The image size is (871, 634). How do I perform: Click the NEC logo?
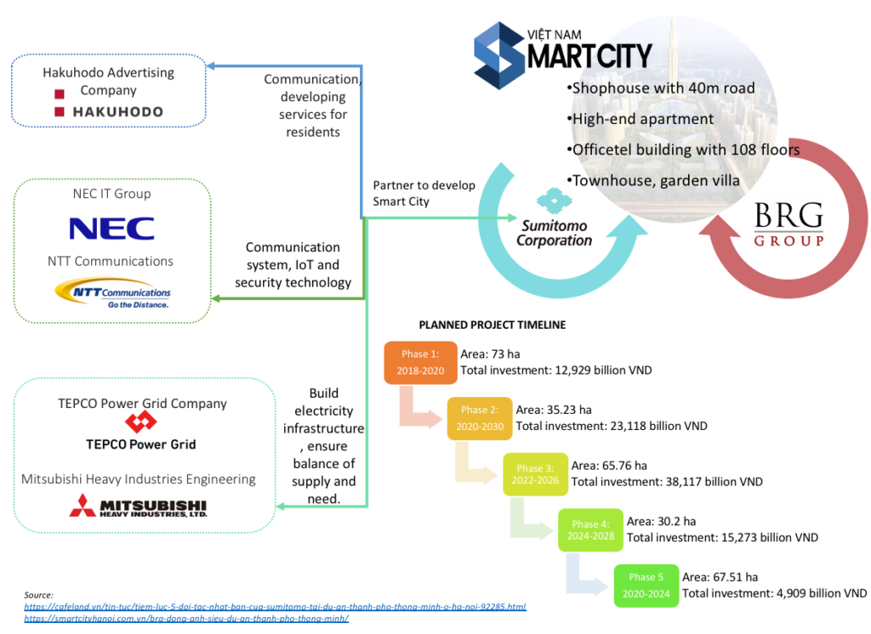pos(111,229)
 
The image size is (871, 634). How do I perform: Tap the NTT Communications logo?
pos(112,294)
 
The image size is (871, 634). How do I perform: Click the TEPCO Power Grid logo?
pos(140,432)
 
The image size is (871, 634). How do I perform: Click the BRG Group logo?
pos(788,226)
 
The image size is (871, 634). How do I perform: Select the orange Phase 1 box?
pos(420,361)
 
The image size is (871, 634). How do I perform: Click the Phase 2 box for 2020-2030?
pos(480,417)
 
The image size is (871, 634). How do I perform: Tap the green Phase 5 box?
pos(646,586)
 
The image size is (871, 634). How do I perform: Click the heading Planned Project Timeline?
pos(492,325)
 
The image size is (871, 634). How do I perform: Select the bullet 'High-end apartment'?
pos(643,119)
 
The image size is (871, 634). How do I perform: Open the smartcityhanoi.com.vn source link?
pos(186,619)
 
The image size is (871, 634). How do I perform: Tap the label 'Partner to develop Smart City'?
pos(424,193)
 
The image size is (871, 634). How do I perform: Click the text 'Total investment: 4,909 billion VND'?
pos(775,593)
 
